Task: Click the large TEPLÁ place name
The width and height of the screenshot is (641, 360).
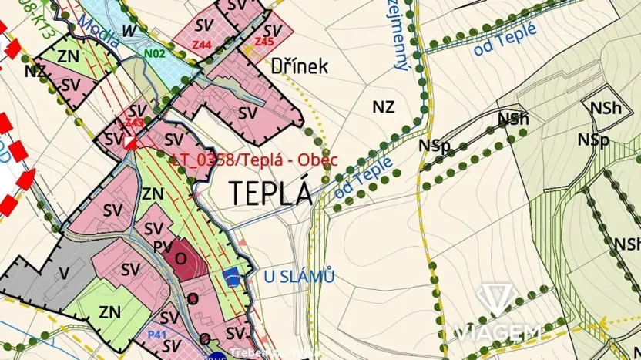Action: point(270,193)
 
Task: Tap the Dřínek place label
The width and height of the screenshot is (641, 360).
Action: point(300,66)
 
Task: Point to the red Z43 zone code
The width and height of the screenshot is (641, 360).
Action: point(135,122)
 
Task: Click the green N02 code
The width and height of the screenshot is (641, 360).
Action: point(155,54)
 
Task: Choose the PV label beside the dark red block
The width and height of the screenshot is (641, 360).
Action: point(161,247)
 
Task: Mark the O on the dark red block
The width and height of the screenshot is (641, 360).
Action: point(180,257)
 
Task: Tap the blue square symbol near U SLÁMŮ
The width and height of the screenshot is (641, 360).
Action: point(230,274)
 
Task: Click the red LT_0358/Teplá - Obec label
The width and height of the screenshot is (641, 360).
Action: point(253,160)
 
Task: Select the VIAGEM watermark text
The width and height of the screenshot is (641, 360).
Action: point(498,333)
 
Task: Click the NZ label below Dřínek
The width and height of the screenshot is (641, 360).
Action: point(383,107)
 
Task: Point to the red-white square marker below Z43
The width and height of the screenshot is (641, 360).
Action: point(132,143)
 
